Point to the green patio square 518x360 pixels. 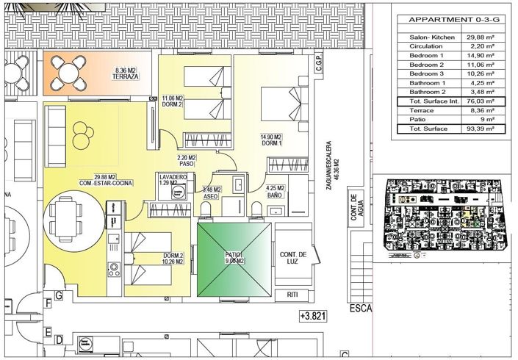[x=234, y=259]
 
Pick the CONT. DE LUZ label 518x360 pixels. [x=292, y=258]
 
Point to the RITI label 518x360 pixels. [x=292, y=295]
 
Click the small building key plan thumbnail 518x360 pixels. [x=438, y=217]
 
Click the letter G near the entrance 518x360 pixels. [x=59, y=295]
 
